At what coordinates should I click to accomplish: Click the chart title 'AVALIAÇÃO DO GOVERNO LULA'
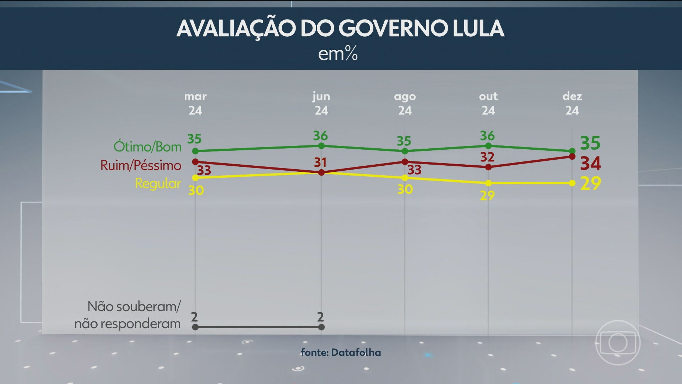coord(340,28)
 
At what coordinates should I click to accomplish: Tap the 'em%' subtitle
coord(338,54)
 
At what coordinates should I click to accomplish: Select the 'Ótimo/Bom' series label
coord(147,146)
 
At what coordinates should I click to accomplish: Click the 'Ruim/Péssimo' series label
coord(141,165)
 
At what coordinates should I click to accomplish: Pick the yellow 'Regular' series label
coord(158,183)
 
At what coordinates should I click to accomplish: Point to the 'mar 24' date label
coord(195,103)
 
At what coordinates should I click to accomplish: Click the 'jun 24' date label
coord(321,103)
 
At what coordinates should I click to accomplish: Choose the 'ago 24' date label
coord(405,103)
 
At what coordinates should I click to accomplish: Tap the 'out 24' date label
coord(488,103)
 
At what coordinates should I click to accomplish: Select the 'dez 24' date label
coord(572,103)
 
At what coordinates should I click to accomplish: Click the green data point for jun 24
coord(321,146)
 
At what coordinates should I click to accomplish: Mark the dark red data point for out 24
coord(488,167)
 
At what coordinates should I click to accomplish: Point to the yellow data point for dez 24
coord(572,183)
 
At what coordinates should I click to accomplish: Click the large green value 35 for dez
coord(590,143)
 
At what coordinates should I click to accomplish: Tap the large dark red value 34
coord(590,164)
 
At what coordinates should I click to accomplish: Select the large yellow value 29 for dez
coord(590,183)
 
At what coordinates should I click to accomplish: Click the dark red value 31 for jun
coord(320,162)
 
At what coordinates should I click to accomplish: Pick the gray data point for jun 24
coord(321,327)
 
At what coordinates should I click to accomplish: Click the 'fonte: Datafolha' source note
coord(341,352)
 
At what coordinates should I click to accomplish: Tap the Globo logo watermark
coord(618,343)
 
